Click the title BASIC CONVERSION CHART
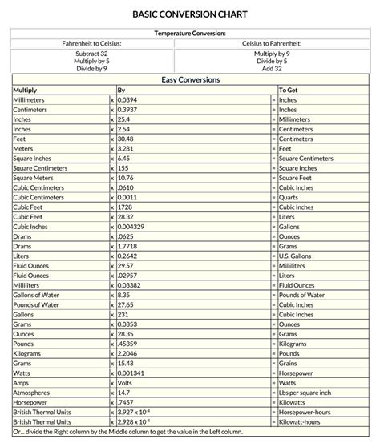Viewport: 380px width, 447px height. click(x=189, y=14)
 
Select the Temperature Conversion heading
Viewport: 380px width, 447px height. click(x=189, y=34)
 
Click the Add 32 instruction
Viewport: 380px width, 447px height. click(x=272, y=69)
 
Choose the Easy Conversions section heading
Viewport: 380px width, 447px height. click(x=190, y=80)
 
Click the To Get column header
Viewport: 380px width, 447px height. click(x=288, y=91)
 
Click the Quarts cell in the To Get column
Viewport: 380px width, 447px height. click(x=288, y=197)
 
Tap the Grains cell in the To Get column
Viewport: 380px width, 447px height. click(x=289, y=363)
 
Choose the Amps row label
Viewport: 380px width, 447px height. click(x=21, y=382)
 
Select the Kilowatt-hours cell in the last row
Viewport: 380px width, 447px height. click(x=301, y=421)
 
